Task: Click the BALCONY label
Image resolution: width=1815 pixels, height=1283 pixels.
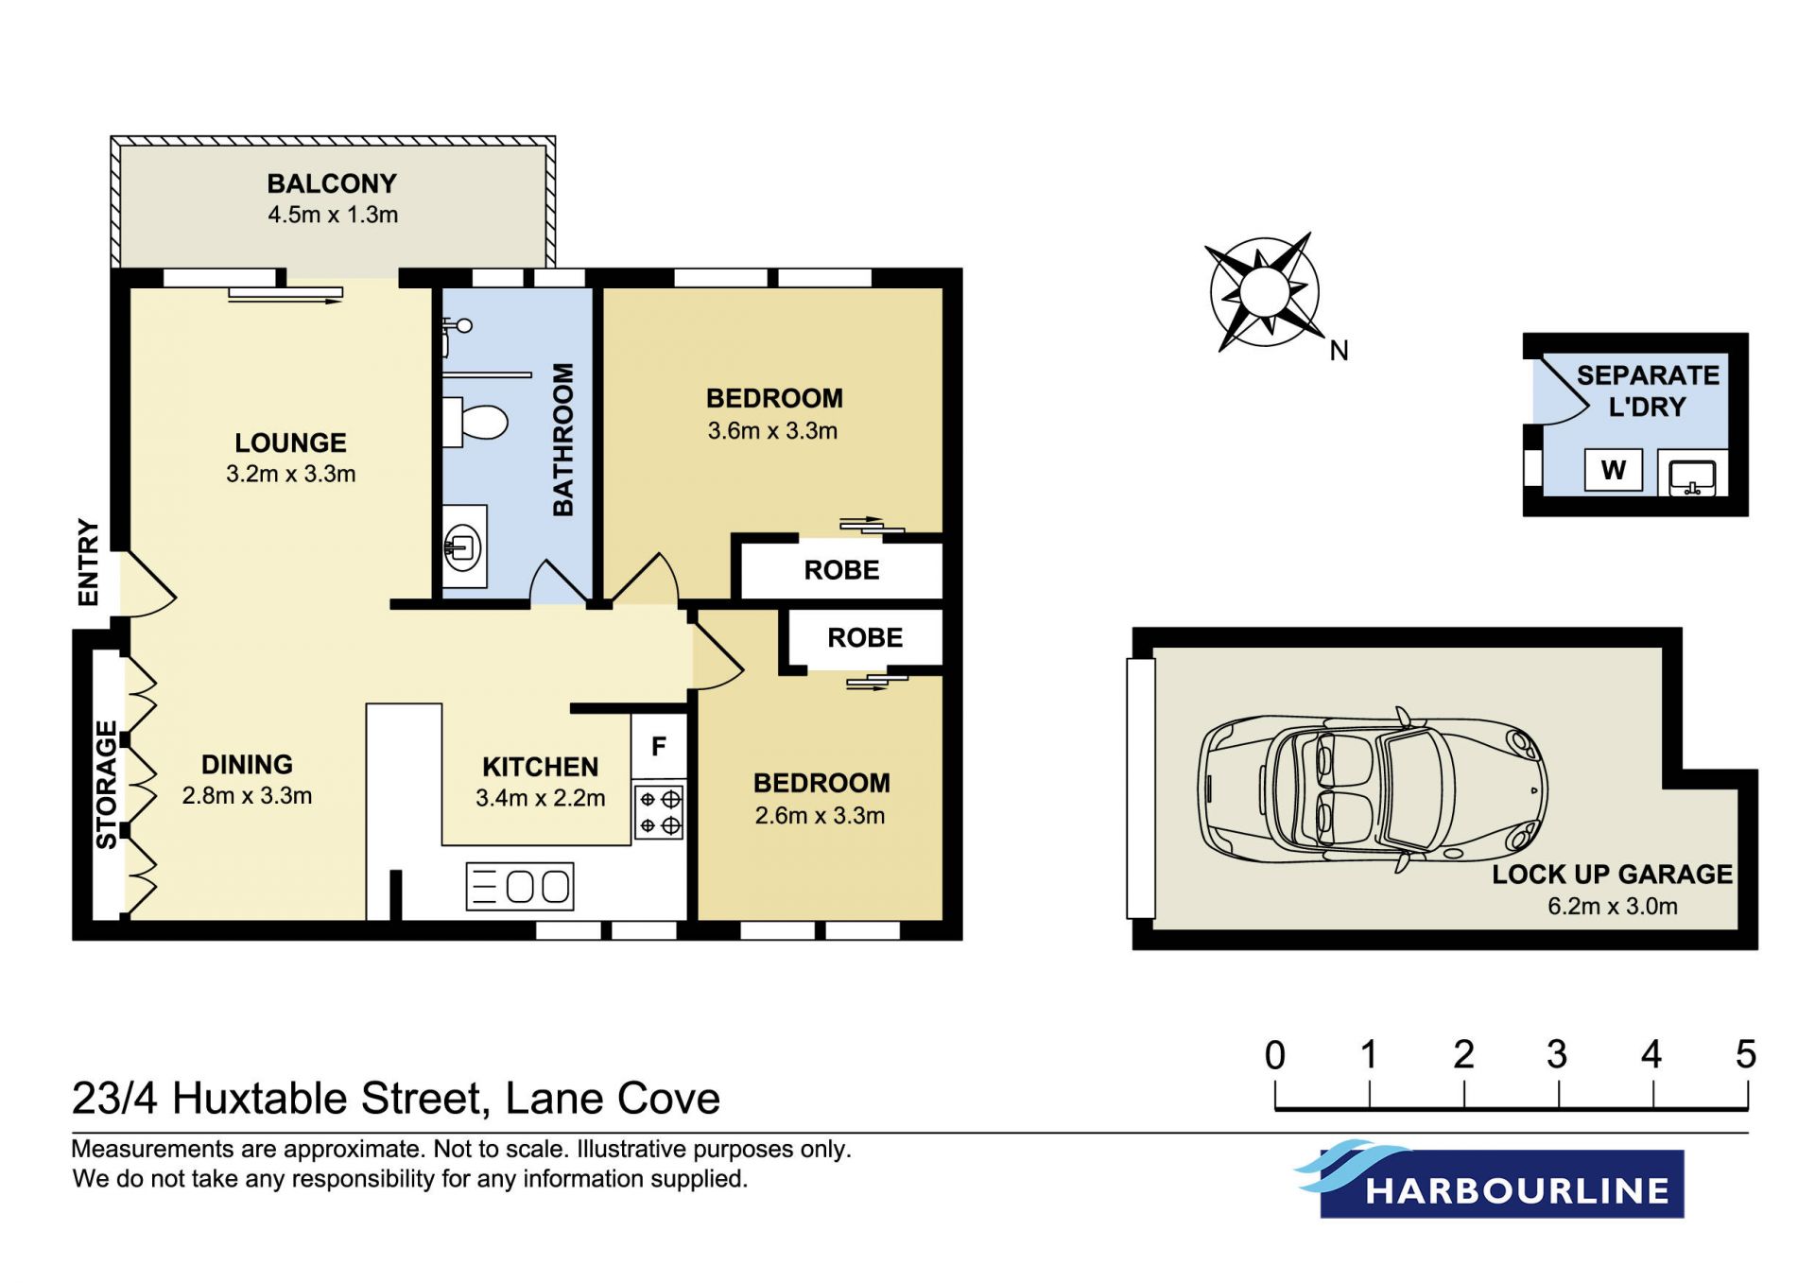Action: click(x=332, y=183)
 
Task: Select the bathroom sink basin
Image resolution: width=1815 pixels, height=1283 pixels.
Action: click(x=463, y=546)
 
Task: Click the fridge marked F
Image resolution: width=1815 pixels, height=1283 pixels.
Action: click(x=659, y=746)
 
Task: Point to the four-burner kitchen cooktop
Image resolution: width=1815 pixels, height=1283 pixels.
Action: click(x=659, y=812)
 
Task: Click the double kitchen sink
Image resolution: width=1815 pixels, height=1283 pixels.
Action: click(x=520, y=887)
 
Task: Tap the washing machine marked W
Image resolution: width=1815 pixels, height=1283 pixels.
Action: click(x=1614, y=470)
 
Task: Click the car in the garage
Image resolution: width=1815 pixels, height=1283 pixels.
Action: click(x=1373, y=789)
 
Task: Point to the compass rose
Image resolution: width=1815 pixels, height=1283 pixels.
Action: click(x=1265, y=291)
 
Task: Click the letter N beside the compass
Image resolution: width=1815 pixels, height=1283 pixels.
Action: click(x=1339, y=351)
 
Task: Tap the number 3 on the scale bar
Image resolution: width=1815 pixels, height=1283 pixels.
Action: click(x=1557, y=1054)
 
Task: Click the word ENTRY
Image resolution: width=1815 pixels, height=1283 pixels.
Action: click(x=88, y=562)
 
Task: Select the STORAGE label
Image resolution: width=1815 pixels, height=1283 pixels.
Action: click(x=106, y=785)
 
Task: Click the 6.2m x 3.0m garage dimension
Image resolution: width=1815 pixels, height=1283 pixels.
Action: click(x=1612, y=906)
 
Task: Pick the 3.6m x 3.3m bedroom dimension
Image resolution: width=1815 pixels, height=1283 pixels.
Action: click(x=772, y=431)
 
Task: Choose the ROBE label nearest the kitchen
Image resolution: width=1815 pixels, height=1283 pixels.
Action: click(x=865, y=638)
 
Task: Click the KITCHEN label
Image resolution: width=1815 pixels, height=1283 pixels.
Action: click(x=540, y=767)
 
